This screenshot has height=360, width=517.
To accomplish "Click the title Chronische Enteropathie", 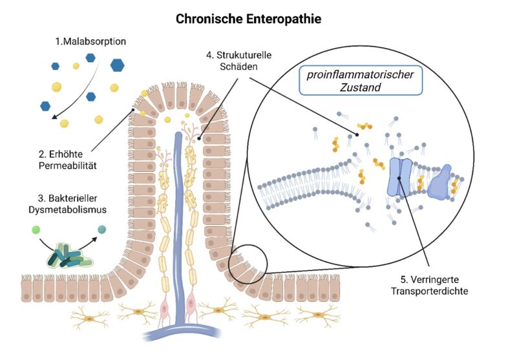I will click(x=248, y=19).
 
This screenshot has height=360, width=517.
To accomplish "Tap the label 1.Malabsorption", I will click(x=90, y=42).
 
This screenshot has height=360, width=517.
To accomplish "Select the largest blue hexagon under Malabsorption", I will click(x=118, y=64).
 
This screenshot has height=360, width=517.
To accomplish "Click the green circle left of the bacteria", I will click(x=36, y=229).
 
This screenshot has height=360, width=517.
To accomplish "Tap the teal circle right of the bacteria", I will click(x=102, y=229).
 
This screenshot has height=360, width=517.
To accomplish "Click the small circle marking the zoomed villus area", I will click(x=247, y=266).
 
